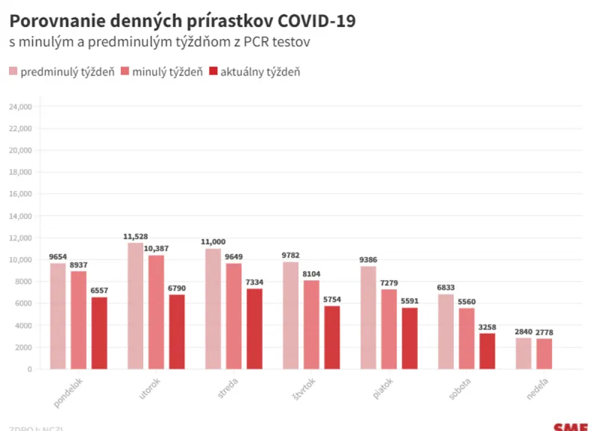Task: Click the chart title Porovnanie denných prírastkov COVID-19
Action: (x=182, y=21)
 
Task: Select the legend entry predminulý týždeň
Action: (x=61, y=72)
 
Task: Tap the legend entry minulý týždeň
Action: (x=166, y=72)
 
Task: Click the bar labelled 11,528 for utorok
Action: (x=135, y=306)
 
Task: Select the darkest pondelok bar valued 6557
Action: (x=99, y=333)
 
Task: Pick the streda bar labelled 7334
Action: (x=254, y=329)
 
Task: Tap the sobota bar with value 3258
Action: (x=487, y=351)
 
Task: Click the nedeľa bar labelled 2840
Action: (x=523, y=353)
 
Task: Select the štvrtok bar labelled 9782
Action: (x=290, y=315)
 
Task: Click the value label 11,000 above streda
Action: (x=213, y=242)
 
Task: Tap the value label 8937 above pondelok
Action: (x=78, y=264)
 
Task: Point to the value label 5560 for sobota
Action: (x=466, y=302)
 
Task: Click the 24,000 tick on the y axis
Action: (x=19, y=107)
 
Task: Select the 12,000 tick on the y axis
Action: (x=19, y=238)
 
